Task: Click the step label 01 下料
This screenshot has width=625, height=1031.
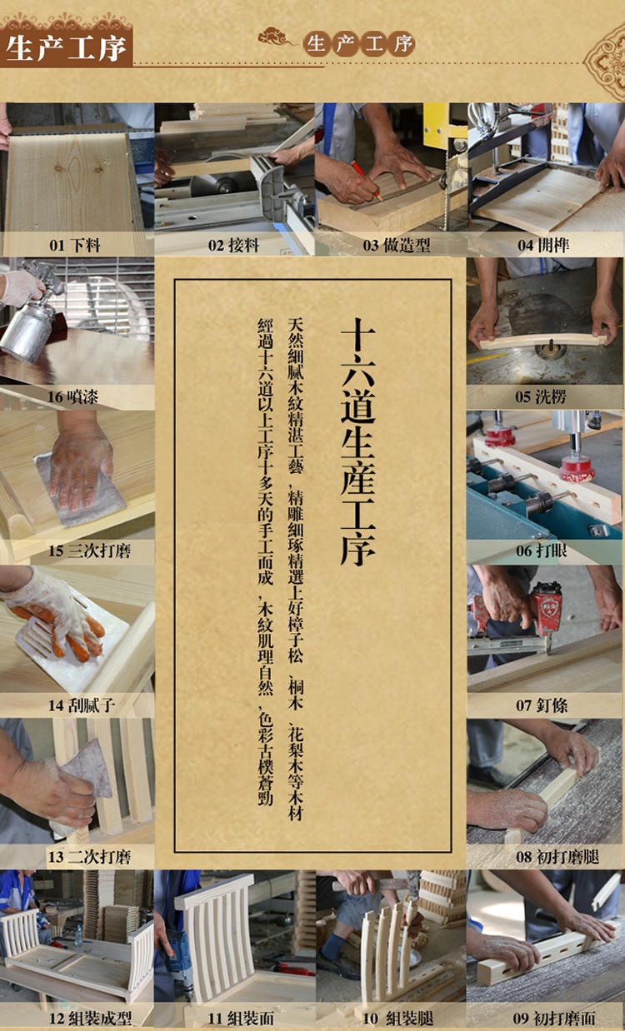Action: [75, 245]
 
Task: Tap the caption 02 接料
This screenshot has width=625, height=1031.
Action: [233, 245]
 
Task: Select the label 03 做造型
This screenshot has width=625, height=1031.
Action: [396, 245]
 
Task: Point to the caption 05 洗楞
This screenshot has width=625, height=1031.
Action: [541, 396]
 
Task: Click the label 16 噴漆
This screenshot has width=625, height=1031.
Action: [72, 396]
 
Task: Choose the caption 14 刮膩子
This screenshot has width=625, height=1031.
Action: [81, 705]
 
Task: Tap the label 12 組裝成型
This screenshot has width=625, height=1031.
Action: [90, 1018]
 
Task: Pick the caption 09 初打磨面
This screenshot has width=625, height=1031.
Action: [554, 1018]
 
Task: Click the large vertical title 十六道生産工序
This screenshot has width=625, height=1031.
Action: [357, 441]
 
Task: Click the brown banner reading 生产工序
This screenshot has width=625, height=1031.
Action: [67, 47]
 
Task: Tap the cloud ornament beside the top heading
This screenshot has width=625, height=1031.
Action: [275, 37]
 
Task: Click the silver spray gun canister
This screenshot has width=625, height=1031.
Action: [28, 328]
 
